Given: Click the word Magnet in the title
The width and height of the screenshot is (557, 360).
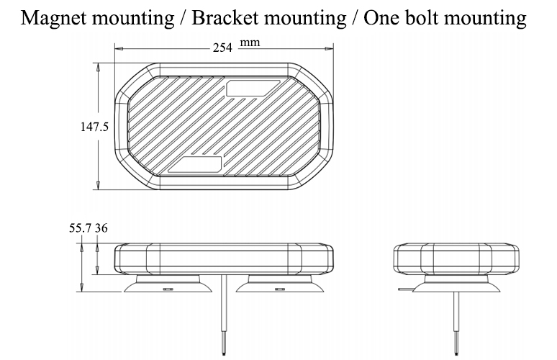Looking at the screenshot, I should [x=53, y=18].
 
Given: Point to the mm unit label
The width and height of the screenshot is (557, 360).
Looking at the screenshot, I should [x=249, y=43].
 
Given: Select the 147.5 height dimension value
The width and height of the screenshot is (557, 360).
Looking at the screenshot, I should [x=94, y=127].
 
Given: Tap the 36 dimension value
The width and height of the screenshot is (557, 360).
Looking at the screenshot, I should [x=101, y=228].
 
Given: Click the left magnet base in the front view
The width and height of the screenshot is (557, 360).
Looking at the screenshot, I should [x=168, y=285].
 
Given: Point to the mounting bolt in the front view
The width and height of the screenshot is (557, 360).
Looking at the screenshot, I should [x=223, y=317].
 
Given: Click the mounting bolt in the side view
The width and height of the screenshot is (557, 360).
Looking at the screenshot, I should [x=455, y=320].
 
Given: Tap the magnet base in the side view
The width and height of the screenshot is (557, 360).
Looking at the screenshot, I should [x=454, y=285].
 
